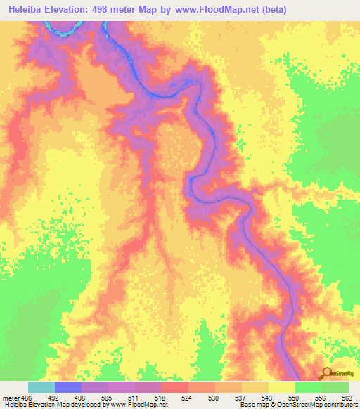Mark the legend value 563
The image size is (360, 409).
pos(346,397)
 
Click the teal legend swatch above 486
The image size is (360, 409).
pos(41,387)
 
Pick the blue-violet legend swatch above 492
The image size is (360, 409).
pos(68,387)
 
